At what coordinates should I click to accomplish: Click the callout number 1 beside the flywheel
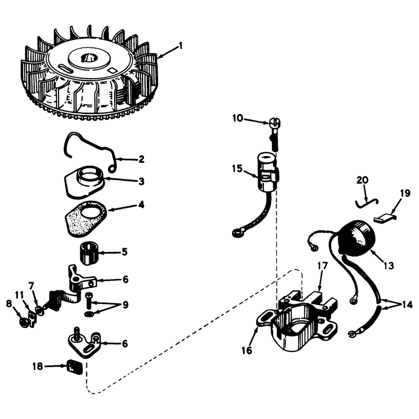[x=181, y=46]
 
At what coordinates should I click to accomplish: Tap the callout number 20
[x=362, y=180]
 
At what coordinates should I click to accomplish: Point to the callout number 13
[x=389, y=266]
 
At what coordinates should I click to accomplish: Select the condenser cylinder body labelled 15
[x=268, y=171]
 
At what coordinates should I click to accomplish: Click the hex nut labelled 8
[x=24, y=323]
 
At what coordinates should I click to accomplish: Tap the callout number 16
[x=247, y=350]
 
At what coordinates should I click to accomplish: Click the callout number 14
[x=407, y=304]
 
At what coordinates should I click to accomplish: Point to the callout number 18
[x=38, y=366]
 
